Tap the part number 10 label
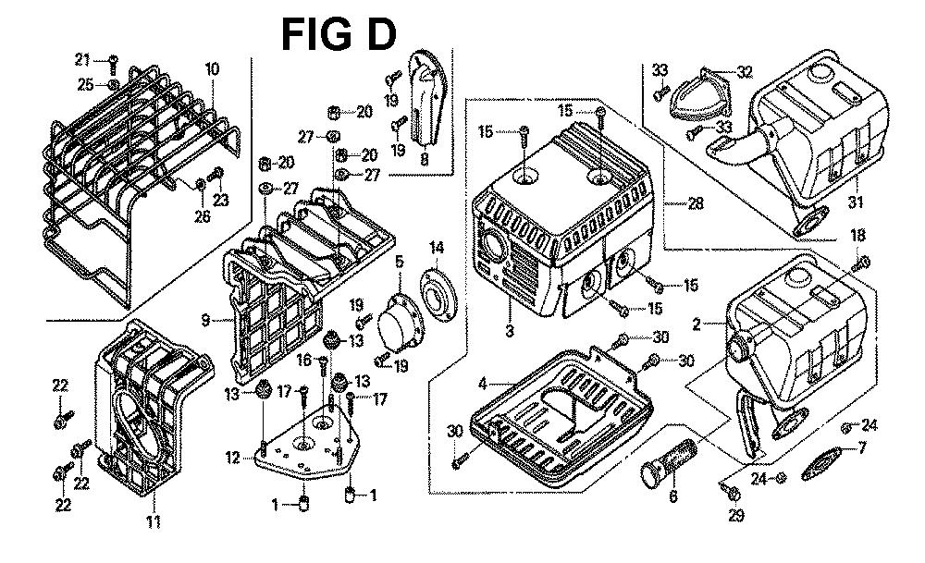pos(212,68)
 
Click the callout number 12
pos(235,457)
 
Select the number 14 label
pos(437,248)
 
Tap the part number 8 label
pos(425,158)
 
